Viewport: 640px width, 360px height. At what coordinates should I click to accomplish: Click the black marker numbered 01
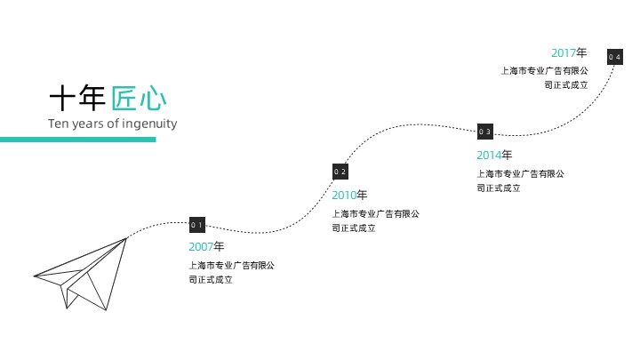pos(197,225)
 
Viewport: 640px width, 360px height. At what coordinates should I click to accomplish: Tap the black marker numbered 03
pos(484,132)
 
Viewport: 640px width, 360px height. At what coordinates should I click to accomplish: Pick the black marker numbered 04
pos(614,57)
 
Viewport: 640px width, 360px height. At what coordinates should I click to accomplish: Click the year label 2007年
pos(206,246)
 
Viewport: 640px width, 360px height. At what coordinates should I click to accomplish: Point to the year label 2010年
pos(349,195)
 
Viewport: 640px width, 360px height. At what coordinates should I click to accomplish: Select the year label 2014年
pos(494,156)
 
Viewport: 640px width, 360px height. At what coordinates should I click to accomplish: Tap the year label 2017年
pos(569,52)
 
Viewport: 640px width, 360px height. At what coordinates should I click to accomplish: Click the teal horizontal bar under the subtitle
pos(77,140)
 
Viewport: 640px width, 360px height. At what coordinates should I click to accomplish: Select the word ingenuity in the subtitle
pos(149,124)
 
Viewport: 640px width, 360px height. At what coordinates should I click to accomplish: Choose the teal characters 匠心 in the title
pos(139,97)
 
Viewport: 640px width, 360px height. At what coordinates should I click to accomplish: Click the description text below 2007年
pos(231,272)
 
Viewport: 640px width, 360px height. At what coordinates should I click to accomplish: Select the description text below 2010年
pos(374,220)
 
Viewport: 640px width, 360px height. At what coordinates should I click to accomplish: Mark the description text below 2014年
pos(520,180)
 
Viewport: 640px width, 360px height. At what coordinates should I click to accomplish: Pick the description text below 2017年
pos(544,77)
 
